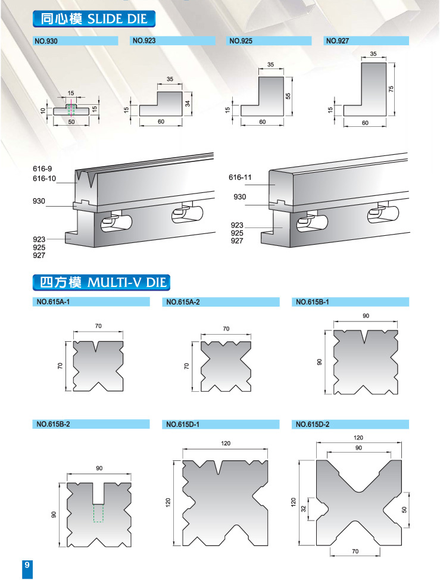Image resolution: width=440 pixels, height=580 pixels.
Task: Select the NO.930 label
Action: (46, 41)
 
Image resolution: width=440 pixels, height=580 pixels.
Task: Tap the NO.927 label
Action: (337, 41)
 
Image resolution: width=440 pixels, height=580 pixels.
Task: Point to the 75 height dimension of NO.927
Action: (391, 89)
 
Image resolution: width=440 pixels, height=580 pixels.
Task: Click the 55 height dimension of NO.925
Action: (288, 96)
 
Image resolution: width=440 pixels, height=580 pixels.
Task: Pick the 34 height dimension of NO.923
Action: (188, 104)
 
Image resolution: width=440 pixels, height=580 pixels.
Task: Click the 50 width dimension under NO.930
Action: (71, 121)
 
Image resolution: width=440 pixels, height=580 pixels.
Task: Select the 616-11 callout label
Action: (240, 177)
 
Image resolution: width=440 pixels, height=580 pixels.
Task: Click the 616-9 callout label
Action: (42, 169)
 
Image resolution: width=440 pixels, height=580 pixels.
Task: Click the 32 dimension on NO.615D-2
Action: (304, 509)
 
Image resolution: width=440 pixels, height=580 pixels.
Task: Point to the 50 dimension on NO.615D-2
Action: (404, 509)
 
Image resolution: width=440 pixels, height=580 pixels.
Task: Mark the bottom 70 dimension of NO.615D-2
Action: (355, 551)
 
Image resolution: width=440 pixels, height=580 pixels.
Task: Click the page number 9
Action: (27, 565)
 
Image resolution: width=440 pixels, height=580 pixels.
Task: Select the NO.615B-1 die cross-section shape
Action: (366, 363)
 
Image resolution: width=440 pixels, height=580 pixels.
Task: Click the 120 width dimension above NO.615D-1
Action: (226, 443)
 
